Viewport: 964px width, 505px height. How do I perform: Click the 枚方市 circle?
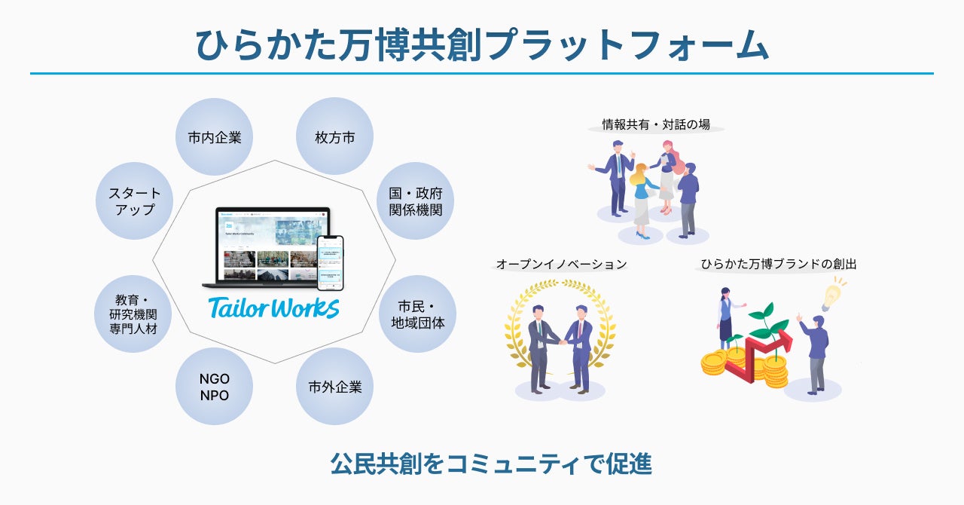(334, 137)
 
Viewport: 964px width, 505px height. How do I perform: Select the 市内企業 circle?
(214, 137)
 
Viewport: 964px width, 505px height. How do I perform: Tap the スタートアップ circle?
(134, 201)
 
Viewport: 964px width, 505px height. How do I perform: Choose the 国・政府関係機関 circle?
(415, 201)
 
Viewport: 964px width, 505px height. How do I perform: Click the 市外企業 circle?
(334, 387)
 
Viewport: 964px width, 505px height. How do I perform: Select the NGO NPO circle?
(214, 387)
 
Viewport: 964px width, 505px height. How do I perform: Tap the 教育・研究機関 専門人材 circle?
(133, 314)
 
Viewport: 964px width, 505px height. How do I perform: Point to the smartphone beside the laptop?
(330, 262)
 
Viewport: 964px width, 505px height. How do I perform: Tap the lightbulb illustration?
(831, 296)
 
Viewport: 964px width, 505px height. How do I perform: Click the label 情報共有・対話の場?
(655, 124)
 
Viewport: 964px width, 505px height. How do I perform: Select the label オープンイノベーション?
(561, 265)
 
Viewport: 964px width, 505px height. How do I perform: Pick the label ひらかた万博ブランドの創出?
(778, 265)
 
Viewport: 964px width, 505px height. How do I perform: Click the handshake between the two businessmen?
(561, 343)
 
